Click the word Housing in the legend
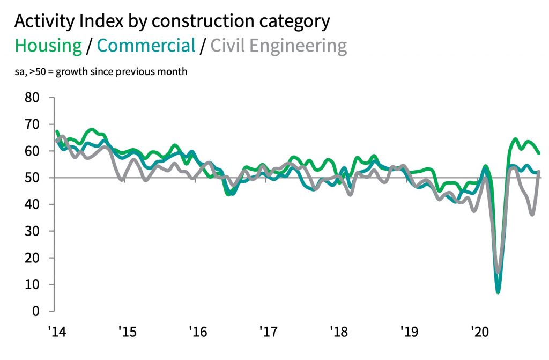48,46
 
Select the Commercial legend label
146,46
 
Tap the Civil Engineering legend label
278,46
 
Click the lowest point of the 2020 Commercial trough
498,292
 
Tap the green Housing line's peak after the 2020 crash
515,139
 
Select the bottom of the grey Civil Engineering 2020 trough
499,272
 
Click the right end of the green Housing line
539,153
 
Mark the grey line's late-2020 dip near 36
532,215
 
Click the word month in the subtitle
174,71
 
